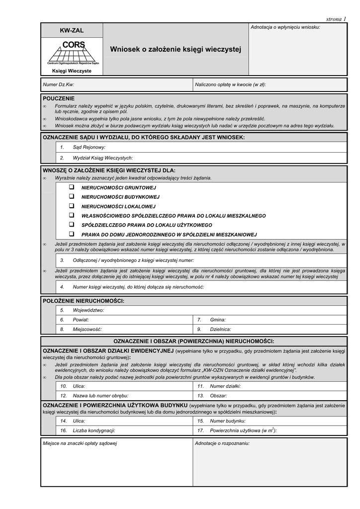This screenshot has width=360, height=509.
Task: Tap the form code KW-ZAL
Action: click(x=72, y=31)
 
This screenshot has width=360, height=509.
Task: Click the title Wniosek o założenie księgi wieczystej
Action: click(x=175, y=49)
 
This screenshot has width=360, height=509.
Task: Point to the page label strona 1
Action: click(x=336, y=19)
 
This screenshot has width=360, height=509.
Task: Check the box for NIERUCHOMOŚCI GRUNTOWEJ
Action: click(x=72, y=187)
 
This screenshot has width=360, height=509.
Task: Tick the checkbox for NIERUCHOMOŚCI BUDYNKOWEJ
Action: click(x=72, y=196)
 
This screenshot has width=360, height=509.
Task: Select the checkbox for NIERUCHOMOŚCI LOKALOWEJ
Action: click(x=72, y=206)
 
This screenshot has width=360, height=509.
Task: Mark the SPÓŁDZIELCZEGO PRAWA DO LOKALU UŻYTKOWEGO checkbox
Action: click(x=72, y=225)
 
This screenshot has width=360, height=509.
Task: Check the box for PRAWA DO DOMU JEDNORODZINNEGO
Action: click(x=72, y=234)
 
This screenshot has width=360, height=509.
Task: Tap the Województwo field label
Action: click(x=89, y=310)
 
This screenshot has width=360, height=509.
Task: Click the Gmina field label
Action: click(x=218, y=320)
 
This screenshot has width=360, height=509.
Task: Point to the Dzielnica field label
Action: click(x=220, y=329)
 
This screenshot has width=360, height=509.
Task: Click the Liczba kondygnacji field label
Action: click(x=94, y=430)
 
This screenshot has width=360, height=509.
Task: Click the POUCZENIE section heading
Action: click(x=59, y=98)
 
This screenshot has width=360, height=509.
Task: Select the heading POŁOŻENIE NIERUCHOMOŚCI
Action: click(x=84, y=301)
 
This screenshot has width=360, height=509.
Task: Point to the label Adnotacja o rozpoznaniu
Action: click(x=222, y=443)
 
